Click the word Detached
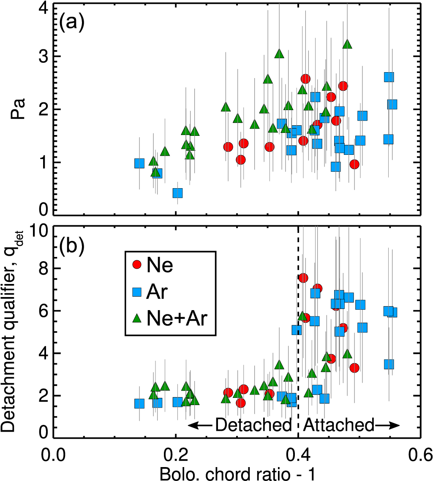253,425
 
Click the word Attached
339,425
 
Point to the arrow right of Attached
387,425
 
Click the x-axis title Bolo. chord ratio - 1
237,472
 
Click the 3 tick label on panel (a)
42,57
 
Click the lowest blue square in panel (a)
178,193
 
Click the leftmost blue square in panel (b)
139,403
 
